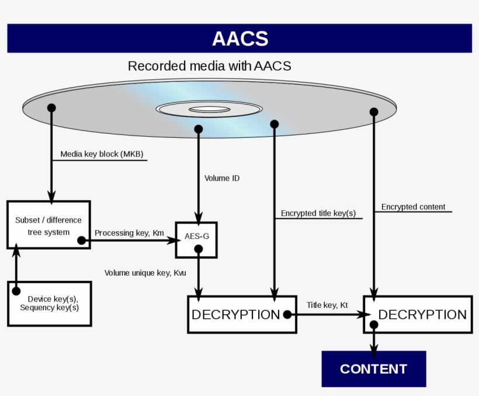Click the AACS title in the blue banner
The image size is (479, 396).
coord(239,39)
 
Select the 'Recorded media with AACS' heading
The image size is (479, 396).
coord(209,66)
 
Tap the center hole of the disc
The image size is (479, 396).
coord(209,109)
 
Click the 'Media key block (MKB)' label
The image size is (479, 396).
coord(102,155)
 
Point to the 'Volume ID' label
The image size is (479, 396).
coord(221,178)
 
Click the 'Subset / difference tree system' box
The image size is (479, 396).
coord(48,225)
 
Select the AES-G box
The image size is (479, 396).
coord(196,239)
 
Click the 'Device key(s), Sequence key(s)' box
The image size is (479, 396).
coord(49,303)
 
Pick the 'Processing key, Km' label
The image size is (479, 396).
coord(129,233)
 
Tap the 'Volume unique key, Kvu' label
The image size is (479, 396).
coord(145,273)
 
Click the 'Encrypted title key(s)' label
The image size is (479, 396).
coord(318,213)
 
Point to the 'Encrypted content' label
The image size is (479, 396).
coord(413,207)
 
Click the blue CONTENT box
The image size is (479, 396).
coord(373,369)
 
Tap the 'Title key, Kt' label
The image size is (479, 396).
coord(327,305)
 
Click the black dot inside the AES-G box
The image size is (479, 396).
coord(199,249)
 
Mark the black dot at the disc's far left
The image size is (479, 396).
coord(51,108)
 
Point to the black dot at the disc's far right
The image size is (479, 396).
coord(374,112)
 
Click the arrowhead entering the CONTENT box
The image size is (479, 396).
coord(374,352)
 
